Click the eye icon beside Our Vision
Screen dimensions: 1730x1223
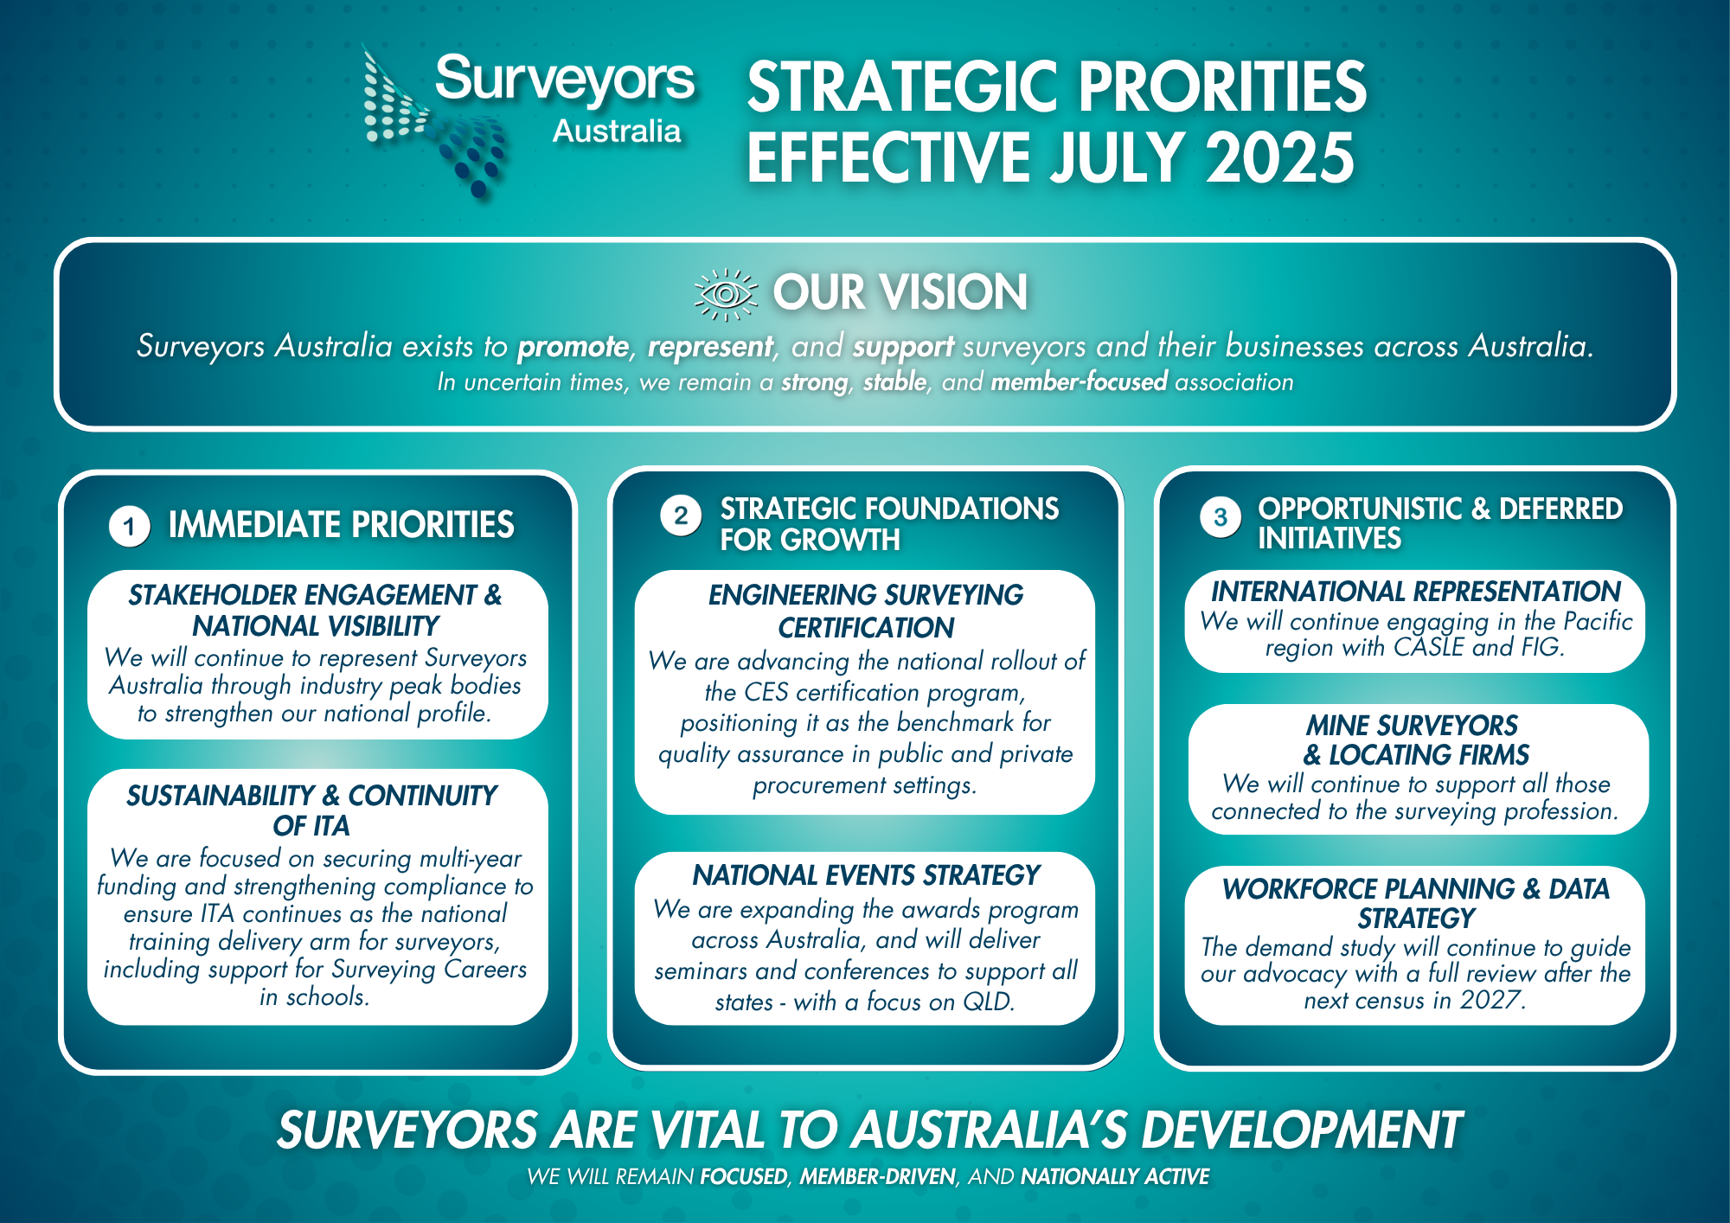726,294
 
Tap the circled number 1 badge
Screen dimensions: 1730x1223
130,526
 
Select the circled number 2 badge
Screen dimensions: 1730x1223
681,515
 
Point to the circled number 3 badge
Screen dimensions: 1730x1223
1221,517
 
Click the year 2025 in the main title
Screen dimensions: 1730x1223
1280,157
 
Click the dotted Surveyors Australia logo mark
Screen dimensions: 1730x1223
432,121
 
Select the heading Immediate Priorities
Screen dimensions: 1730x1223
341,525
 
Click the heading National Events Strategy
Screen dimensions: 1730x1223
866,875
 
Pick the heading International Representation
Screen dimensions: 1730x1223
1415,592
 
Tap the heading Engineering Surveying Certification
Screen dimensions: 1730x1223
866,611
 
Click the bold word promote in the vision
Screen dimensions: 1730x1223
573,347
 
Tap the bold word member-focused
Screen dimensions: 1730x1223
1079,381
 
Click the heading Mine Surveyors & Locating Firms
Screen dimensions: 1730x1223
1416,740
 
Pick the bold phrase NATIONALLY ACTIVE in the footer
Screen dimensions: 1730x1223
1115,1176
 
